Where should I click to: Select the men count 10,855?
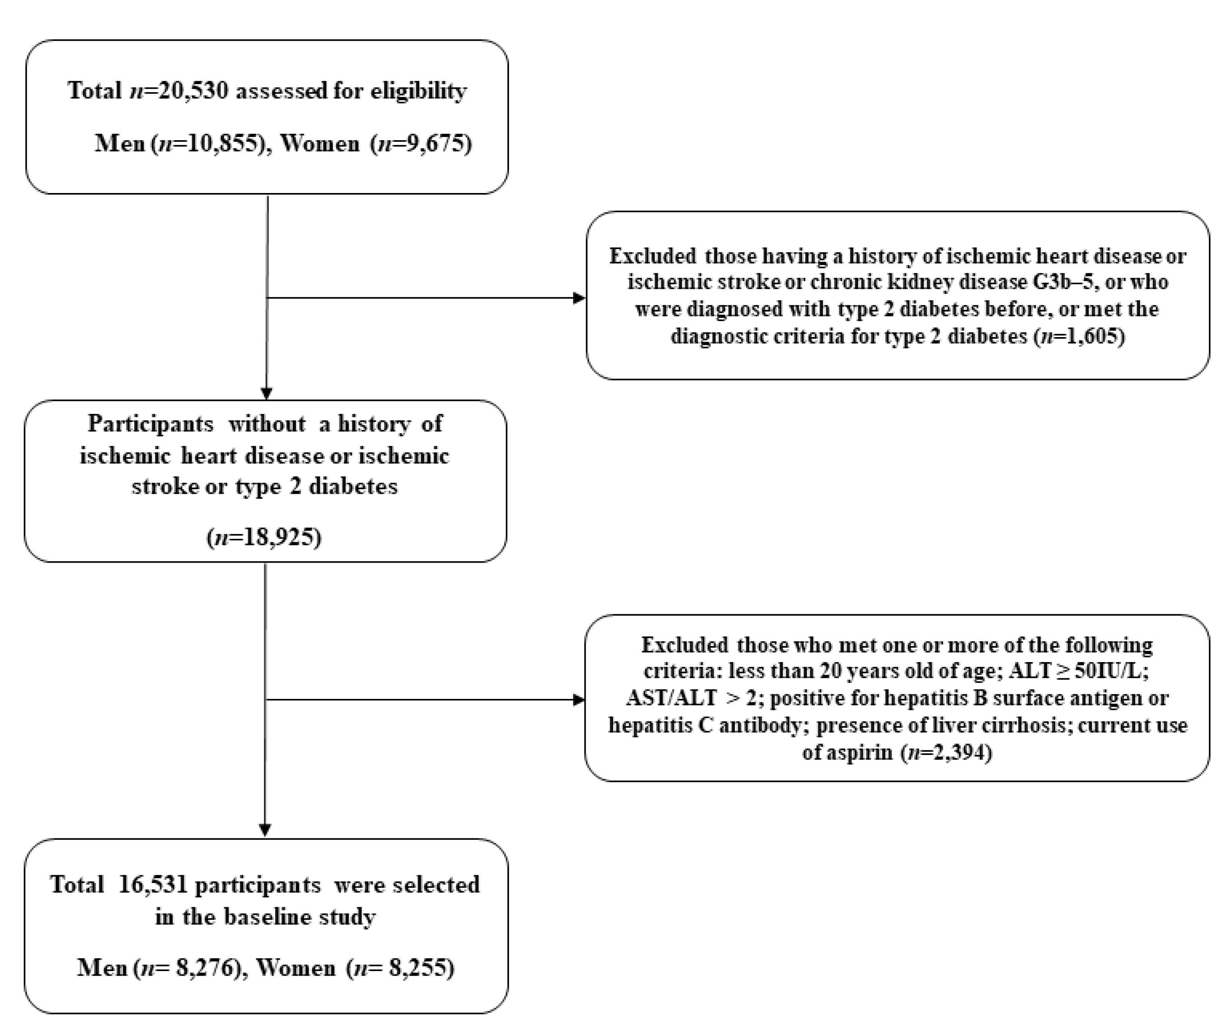[224, 144]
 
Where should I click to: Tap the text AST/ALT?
[671, 699]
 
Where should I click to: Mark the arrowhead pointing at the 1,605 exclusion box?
[579, 298]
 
